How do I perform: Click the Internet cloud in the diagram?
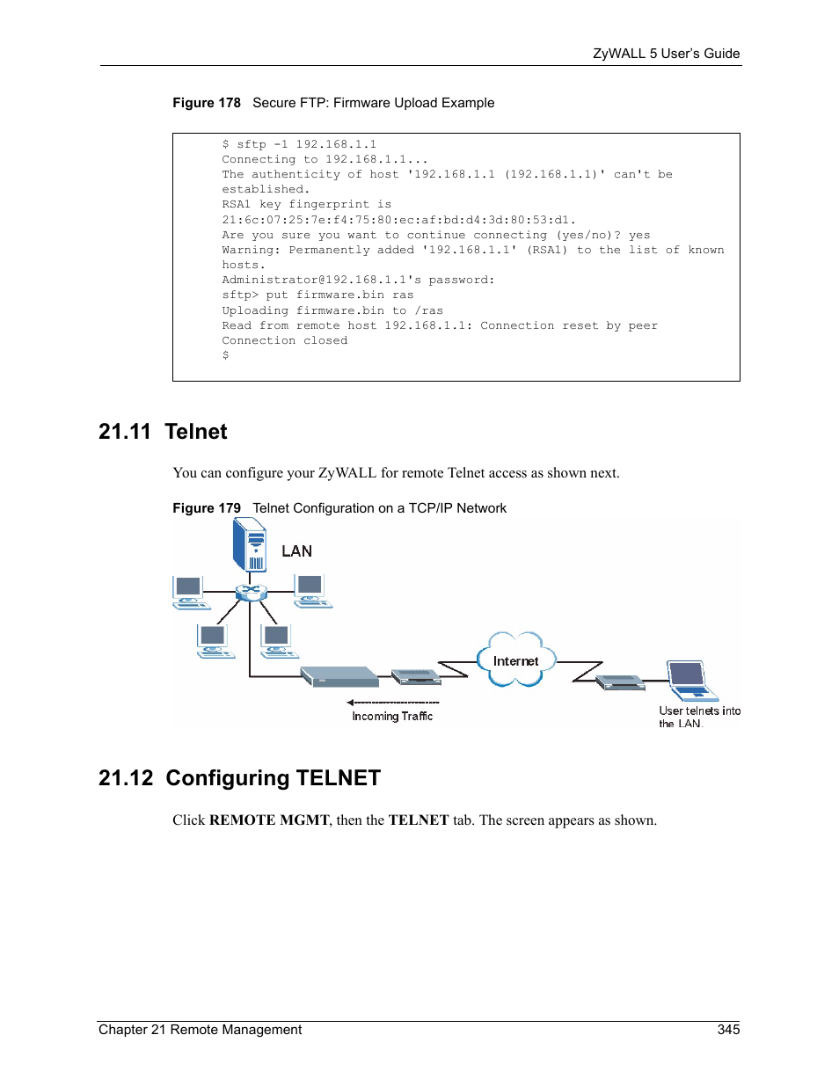(516, 660)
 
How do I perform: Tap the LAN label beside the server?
(296, 551)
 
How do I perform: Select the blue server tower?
(250, 544)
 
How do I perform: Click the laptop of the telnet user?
(690, 681)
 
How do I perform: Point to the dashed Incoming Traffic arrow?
(393, 703)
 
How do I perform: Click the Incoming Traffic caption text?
(392, 717)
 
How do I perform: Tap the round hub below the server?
(251, 592)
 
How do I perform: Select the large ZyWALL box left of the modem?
(339, 676)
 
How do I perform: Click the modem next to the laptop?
(620, 682)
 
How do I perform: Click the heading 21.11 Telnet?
(163, 432)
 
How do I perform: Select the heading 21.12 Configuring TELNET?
(239, 778)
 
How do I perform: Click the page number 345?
(728, 1030)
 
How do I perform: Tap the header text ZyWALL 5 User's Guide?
(666, 54)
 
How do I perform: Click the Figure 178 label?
(207, 103)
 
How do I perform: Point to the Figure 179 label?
(207, 508)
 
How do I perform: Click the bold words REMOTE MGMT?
(269, 820)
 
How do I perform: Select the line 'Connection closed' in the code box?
(284, 340)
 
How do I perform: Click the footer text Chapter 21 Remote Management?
(200, 1030)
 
